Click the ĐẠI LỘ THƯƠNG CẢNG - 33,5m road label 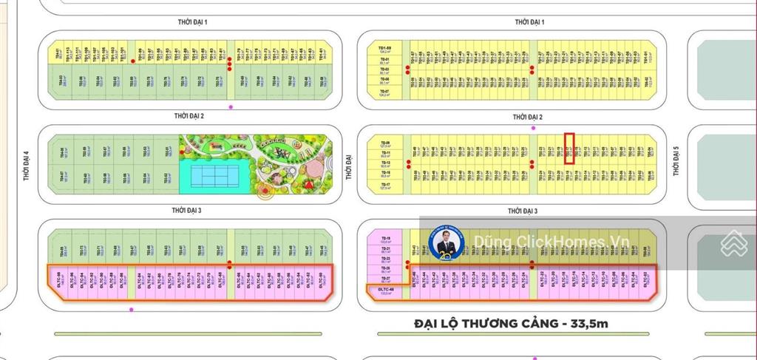coord(512,323)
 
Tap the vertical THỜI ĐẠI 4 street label coord(24,166)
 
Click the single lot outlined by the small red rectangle coord(570,148)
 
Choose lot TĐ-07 coord(385,95)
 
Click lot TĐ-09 coord(385,143)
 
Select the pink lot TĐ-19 coord(385,239)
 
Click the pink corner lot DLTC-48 coord(385,291)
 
